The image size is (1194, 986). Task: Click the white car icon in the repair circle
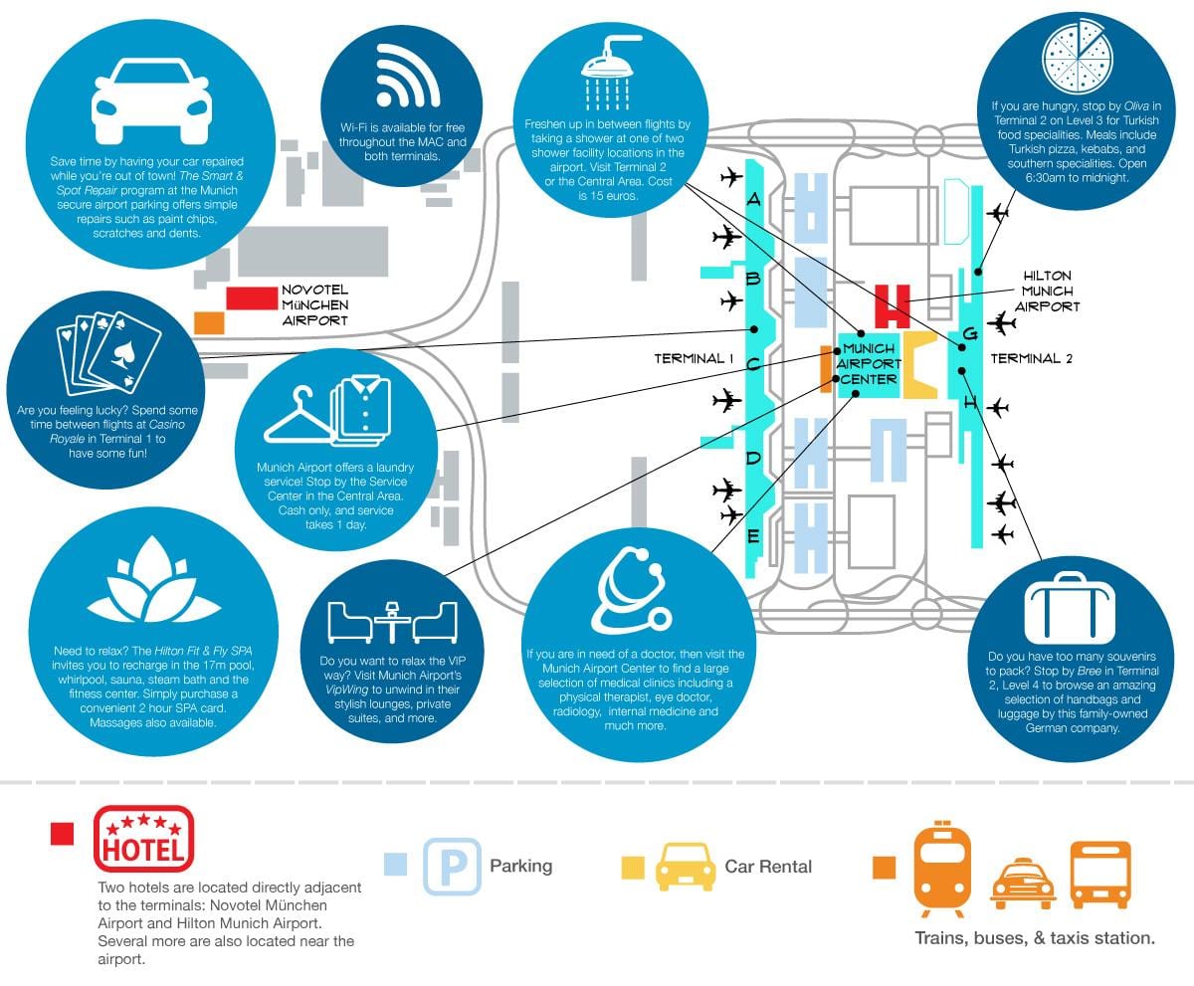[x=151, y=101]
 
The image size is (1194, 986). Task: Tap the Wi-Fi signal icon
[x=407, y=77]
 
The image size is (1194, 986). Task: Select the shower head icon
[x=609, y=73]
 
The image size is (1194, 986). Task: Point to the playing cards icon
[x=108, y=353]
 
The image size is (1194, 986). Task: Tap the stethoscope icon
[x=632, y=590]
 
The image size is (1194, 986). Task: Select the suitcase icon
[x=1070, y=608]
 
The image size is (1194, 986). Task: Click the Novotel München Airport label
[x=314, y=304]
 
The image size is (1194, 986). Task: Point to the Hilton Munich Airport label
[x=1047, y=292]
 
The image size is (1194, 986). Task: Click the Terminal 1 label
[x=694, y=358]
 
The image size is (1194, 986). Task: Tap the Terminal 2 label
[x=1032, y=358]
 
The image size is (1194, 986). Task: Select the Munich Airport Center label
[x=868, y=364]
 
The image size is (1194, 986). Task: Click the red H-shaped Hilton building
[x=893, y=306]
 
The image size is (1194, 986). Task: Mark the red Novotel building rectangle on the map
[x=252, y=297]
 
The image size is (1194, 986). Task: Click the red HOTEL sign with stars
[x=143, y=839]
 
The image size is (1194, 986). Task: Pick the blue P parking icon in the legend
[x=452, y=866]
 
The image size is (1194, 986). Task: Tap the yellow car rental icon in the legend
[x=686, y=867]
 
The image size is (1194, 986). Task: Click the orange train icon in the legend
[x=942, y=869]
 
